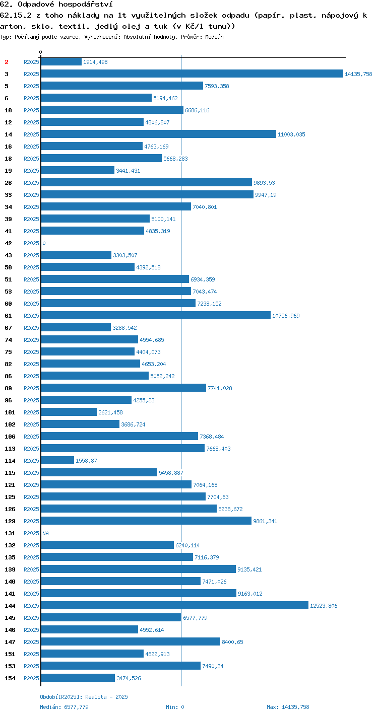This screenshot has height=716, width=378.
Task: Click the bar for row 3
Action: point(192,74)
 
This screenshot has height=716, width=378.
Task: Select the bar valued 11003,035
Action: point(158,134)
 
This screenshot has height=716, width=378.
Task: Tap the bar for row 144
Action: point(175,605)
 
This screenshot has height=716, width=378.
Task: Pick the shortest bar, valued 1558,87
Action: point(57,460)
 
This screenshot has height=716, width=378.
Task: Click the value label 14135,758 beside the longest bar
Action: point(358,74)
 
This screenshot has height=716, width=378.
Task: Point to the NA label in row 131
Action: point(45,533)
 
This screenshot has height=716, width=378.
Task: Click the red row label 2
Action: point(7,62)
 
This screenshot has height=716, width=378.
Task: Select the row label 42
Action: point(9,243)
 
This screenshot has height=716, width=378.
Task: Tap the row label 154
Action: point(10,678)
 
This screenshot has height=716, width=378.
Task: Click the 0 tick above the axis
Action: point(40,52)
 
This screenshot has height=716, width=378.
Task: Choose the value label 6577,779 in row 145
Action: point(195,617)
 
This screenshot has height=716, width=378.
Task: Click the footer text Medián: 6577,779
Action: point(64,707)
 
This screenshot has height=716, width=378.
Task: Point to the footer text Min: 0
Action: point(175,707)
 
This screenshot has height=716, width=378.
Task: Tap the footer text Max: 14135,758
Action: point(288,707)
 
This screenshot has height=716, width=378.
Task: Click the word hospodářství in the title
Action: point(86,5)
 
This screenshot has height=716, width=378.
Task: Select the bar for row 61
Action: point(156,316)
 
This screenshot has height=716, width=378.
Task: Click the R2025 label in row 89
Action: point(31,388)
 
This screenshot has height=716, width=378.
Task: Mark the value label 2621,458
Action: point(110,412)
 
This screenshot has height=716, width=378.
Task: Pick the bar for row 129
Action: point(146,521)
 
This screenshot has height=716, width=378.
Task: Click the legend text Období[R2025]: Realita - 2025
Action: point(84,697)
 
